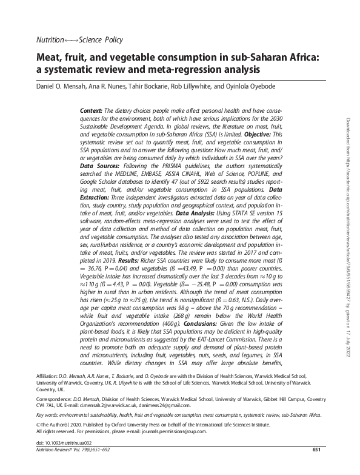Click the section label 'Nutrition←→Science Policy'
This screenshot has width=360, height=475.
click(x=80, y=40)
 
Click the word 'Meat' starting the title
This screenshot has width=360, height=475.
click(x=50, y=58)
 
